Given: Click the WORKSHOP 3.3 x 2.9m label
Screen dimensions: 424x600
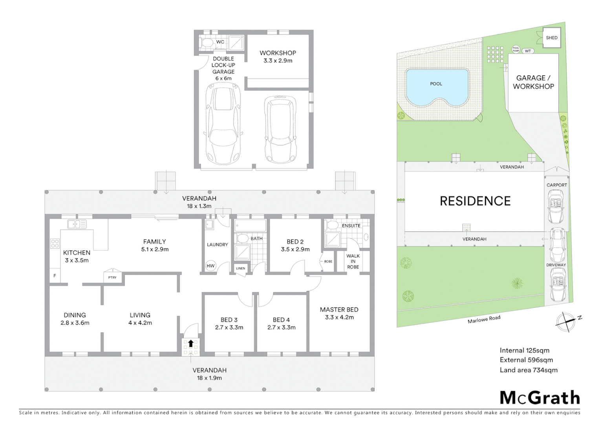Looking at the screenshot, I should click(278, 57).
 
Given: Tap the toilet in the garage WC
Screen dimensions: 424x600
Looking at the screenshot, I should click(206, 42).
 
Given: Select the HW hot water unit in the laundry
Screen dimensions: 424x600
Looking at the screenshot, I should click(210, 266).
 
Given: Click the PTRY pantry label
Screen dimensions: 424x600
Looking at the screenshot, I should click(112, 277).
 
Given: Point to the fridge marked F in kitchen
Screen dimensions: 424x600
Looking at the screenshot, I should click(55, 276).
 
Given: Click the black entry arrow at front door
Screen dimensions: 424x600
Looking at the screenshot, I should click(191, 344).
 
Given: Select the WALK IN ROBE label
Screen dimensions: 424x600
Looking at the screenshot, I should click(353, 261).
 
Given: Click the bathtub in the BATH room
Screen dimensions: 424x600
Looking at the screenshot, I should click(250, 226).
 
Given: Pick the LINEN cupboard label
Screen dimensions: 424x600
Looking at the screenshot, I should click(240, 269).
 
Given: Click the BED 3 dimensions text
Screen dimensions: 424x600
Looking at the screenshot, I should click(229, 327).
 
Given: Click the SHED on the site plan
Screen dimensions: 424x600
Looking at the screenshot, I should click(551, 38).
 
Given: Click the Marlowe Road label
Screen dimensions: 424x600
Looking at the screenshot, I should click(484, 319).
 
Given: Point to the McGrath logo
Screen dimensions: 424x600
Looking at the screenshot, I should click(540, 398).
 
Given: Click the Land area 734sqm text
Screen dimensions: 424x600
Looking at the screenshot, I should click(528, 370).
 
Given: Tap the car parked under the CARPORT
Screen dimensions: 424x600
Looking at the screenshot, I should click(556, 206).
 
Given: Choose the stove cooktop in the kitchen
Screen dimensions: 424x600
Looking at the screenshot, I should click(55, 243).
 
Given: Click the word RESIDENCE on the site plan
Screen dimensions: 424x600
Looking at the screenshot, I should click(475, 201).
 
